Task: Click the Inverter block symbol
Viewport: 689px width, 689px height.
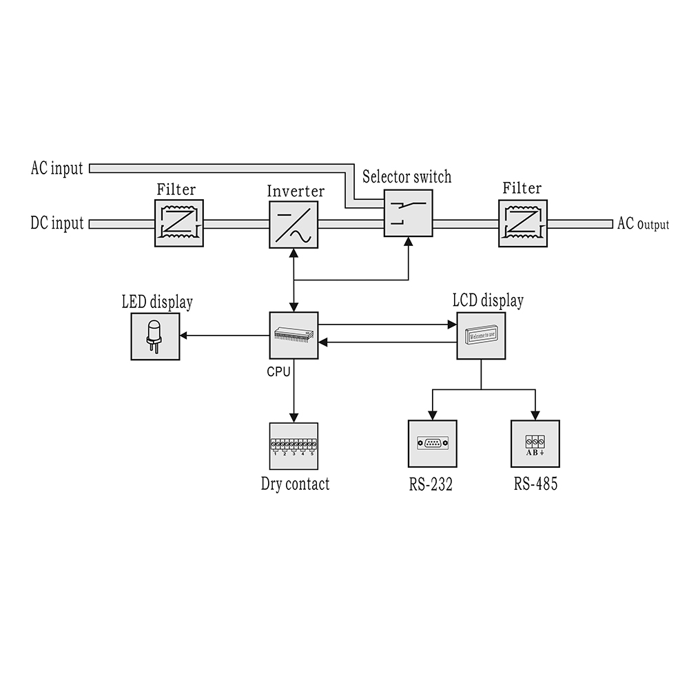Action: [x=294, y=223]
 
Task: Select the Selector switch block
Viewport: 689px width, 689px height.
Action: [x=409, y=214]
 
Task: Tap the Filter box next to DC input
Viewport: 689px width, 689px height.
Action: [x=178, y=223]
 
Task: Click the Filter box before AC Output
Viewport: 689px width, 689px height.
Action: [x=523, y=223]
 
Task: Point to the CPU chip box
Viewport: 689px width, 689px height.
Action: [x=294, y=335]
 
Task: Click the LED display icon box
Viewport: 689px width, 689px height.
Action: [x=155, y=336]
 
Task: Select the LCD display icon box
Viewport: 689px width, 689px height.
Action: [x=481, y=335]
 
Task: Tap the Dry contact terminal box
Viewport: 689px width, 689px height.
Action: [x=294, y=446]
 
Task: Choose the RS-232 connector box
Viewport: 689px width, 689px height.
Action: [x=432, y=443]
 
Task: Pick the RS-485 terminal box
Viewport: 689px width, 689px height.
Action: [x=535, y=443]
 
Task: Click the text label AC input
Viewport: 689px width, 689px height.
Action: [x=56, y=168]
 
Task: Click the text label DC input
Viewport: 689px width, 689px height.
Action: [x=56, y=223]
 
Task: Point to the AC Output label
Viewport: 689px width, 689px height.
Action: [x=643, y=224]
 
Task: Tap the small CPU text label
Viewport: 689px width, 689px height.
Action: [x=278, y=370]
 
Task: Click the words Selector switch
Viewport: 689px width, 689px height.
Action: [x=407, y=177]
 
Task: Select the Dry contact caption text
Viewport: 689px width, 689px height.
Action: [x=295, y=484]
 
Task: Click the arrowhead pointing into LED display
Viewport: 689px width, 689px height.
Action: [x=185, y=336]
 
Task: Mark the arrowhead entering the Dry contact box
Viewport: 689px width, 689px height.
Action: [x=294, y=417]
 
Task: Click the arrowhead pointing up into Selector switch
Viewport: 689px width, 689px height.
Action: [x=409, y=243]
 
